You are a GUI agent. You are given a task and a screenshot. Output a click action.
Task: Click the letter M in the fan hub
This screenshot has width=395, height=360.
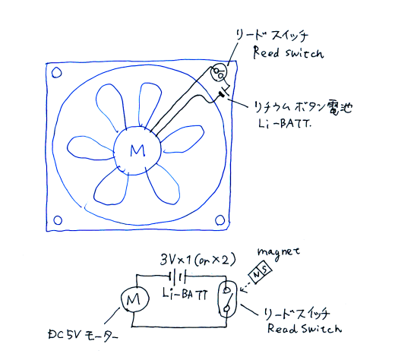pos(137,150)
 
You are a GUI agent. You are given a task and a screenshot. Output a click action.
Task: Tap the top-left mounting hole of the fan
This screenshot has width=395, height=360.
pos(56,73)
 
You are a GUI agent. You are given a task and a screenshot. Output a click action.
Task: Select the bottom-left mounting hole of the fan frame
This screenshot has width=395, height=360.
pos(58,220)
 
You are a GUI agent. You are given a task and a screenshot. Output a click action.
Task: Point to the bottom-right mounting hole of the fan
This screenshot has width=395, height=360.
pos(220,220)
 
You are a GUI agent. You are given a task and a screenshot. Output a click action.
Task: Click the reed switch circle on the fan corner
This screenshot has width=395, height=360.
pos(219,72)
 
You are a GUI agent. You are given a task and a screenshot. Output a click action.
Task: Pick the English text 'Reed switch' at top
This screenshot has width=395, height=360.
pos(289,52)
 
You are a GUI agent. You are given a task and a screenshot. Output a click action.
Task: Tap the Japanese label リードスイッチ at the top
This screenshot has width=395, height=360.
pos(272,36)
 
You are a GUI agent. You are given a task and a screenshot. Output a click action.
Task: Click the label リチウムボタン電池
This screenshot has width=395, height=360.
pos(303,108)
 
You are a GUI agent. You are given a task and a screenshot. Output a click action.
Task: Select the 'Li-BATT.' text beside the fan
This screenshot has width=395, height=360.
pos(284,124)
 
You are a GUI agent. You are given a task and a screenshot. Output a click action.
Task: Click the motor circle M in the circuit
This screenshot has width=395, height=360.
pos(134,300)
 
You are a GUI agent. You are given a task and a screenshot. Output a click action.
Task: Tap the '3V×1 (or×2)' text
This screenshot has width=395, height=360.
pos(198,260)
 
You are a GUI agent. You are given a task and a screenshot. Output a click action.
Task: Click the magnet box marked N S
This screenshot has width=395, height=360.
pos(261,273)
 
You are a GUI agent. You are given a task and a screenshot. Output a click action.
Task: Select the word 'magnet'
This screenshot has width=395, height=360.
pos(279,252)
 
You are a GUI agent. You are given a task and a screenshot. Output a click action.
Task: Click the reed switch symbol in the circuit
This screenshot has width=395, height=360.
pos(227,299)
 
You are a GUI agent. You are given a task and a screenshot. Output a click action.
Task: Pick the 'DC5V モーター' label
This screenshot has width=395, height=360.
pos(83,335)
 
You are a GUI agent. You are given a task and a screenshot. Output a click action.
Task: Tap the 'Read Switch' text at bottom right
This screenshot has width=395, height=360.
pos(305,328)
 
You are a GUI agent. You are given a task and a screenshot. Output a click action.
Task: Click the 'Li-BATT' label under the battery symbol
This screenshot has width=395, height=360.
pos(185,294)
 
